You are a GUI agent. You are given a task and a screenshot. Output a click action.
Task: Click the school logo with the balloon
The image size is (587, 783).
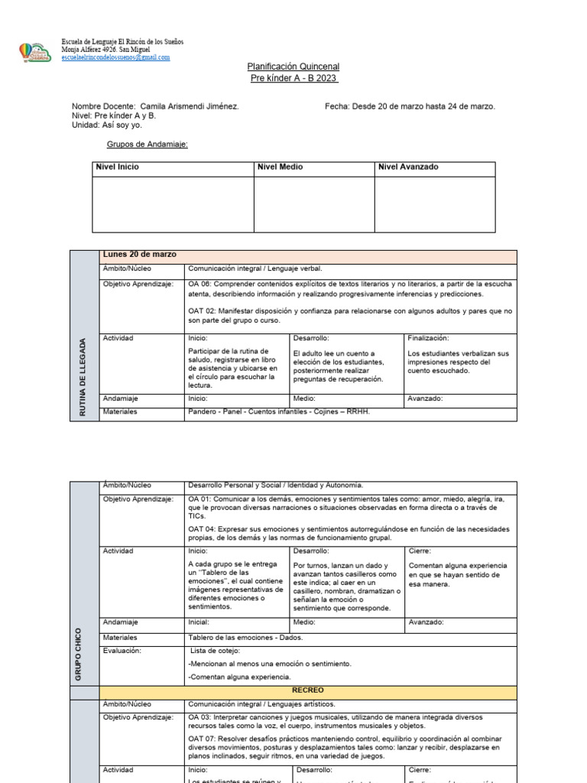click(35, 51)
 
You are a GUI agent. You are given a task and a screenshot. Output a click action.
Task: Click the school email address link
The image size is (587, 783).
click(115, 57)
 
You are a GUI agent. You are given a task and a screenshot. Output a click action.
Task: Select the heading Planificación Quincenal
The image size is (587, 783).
click(293, 67)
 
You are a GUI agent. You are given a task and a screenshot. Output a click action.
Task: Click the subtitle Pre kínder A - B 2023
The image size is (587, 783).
click(293, 78)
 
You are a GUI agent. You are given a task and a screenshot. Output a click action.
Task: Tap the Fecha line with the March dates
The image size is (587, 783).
click(410, 106)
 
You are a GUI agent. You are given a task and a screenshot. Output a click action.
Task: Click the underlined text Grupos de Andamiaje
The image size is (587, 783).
click(146, 144)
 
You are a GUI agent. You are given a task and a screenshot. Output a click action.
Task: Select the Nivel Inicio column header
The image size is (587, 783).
click(117, 167)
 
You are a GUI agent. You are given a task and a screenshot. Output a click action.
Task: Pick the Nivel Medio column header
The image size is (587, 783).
click(280, 167)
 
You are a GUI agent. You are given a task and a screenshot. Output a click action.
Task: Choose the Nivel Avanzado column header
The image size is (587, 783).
click(408, 167)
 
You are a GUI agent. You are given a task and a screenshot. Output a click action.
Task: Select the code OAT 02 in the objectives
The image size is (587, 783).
click(202, 311)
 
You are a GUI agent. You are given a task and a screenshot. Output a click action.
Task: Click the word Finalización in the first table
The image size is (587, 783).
click(428, 338)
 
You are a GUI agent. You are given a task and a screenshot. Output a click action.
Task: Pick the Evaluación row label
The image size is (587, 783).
click(122, 651)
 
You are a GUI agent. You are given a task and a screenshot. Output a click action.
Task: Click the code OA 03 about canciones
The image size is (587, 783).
click(200, 717)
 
